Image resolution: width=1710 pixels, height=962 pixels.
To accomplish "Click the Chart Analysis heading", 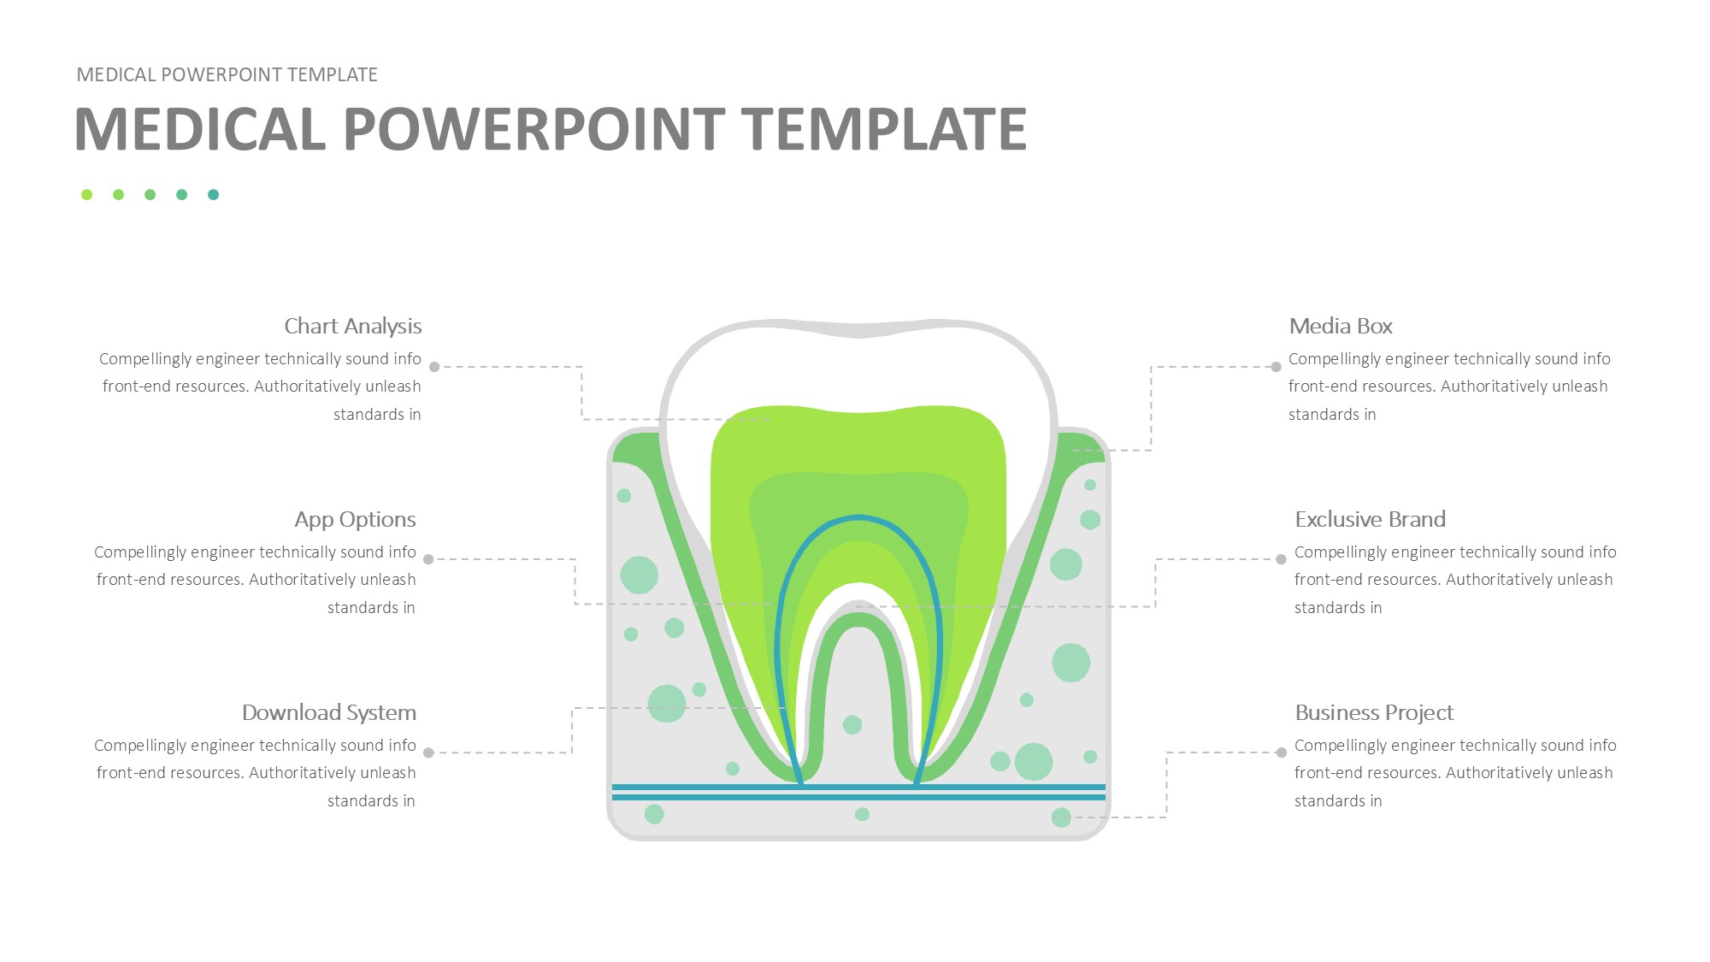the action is pos(353,327).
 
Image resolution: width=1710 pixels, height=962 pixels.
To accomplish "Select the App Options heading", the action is pos(355,520).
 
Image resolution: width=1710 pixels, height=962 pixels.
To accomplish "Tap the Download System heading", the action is pos(329,712).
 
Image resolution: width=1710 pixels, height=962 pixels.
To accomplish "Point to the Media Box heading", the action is pos(1341,326).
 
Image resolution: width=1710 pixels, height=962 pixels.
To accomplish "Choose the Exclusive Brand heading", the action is pos(1370,519).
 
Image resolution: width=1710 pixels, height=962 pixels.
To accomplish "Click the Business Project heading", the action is pos(1374,713).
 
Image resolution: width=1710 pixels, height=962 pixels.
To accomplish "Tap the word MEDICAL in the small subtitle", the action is pos(116,74).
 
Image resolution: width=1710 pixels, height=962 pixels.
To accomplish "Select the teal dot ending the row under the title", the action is pos(213,195).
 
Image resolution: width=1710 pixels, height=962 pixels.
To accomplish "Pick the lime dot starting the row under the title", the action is pos(86,195).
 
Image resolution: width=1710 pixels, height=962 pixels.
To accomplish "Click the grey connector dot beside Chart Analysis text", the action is pos(434,367).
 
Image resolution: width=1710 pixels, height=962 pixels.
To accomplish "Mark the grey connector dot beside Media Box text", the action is pos(1276,367).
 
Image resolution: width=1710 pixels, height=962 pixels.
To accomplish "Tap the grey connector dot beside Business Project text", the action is pos(1281,752).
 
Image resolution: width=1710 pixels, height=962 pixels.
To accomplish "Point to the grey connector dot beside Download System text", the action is pos(428,752).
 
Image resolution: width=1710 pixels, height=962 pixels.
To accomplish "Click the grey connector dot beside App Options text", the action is pos(428,559).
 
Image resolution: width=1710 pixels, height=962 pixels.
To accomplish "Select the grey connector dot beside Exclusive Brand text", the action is pos(1281,559).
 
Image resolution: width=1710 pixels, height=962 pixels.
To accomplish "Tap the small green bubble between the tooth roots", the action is pos(852,725).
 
